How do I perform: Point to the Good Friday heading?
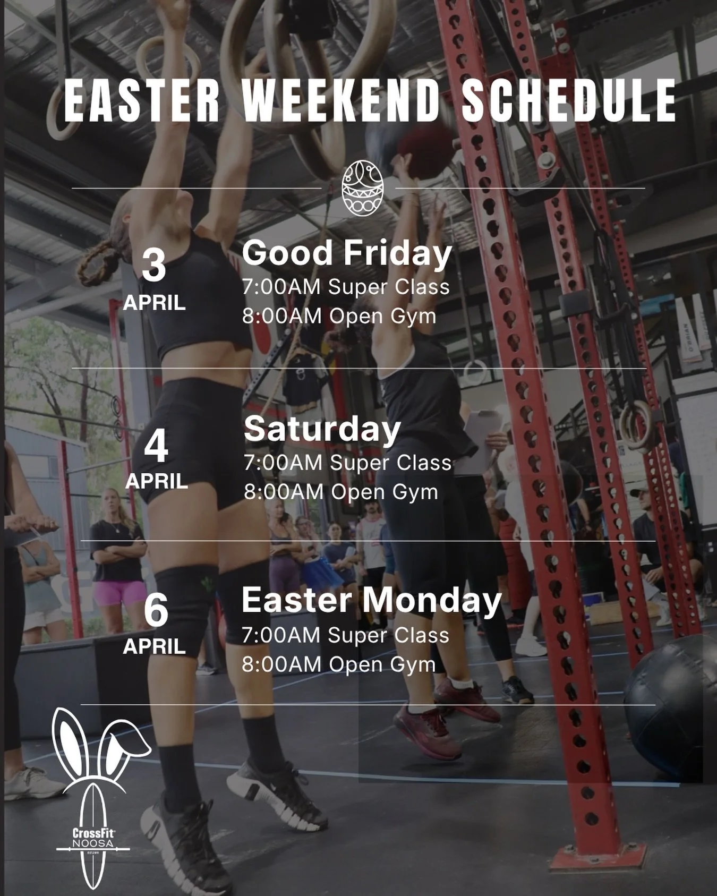click(347, 253)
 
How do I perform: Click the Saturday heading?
click(322, 429)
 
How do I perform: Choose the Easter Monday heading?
click(371, 601)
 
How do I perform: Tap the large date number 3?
click(154, 266)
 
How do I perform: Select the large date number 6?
click(156, 611)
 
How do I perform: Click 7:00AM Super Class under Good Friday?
click(346, 287)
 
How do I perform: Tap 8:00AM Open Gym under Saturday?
click(341, 492)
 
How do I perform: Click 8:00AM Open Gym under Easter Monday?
click(338, 664)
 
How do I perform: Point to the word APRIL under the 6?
click(155, 647)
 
